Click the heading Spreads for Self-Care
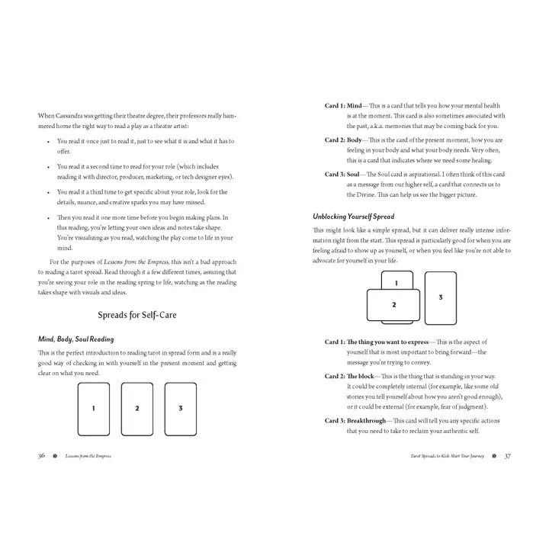tap(137, 314)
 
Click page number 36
tap(41, 455)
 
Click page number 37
tap(507, 455)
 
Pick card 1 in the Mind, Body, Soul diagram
tap(94, 409)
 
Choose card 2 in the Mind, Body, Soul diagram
tap(137, 409)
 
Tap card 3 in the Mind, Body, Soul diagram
tap(181, 409)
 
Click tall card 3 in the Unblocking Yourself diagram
tap(441, 297)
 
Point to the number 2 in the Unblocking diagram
tap(393, 305)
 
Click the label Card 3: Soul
tap(344, 175)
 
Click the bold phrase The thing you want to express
tap(386, 342)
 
